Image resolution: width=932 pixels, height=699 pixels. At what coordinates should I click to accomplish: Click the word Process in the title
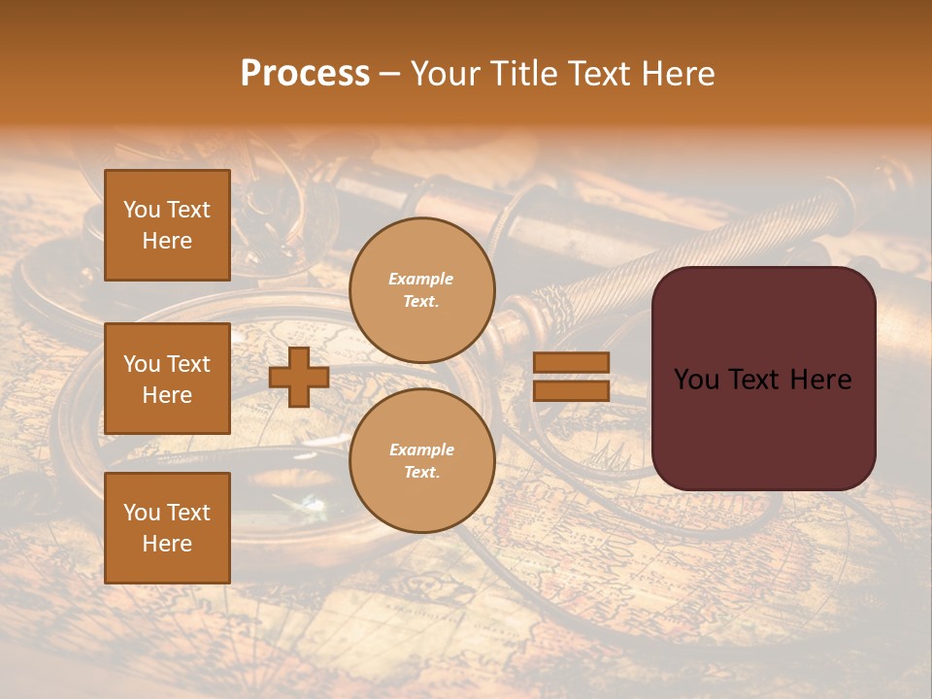click(305, 74)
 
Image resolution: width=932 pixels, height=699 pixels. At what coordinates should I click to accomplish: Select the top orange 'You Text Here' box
click(167, 225)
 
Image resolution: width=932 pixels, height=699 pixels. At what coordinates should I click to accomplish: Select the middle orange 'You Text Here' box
click(167, 379)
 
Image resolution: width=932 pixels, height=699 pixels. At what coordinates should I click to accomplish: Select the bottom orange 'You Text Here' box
click(167, 528)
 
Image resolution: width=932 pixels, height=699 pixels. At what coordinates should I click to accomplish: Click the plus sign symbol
click(299, 377)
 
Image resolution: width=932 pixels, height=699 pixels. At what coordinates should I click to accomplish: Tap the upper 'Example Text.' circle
click(421, 290)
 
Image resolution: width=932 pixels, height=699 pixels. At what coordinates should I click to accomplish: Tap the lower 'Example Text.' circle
click(421, 461)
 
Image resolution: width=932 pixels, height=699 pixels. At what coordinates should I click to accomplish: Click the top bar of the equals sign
click(571, 363)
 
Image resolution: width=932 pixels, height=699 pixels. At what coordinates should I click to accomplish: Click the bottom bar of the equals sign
click(571, 390)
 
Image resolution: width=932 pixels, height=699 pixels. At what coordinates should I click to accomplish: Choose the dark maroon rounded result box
click(763, 427)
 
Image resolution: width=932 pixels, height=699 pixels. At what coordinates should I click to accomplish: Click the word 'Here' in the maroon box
click(820, 380)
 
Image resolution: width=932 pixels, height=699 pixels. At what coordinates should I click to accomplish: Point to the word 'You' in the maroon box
click(696, 380)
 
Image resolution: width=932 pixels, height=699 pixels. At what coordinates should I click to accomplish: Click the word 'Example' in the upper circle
click(420, 280)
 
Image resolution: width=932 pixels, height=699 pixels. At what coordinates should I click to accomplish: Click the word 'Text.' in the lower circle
click(420, 473)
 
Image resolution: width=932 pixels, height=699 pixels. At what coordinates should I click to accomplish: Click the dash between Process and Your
click(389, 75)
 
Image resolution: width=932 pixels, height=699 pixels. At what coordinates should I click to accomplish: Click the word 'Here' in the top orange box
click(167, 241)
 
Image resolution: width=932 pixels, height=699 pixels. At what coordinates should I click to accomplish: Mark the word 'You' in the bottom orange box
click(141, 513)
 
